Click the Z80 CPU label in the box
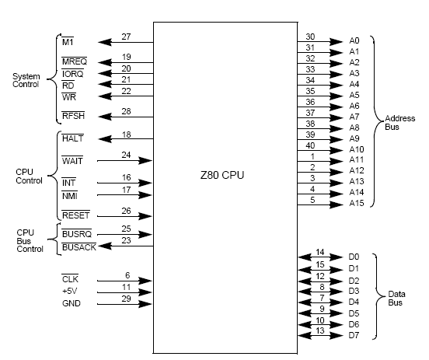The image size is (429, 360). (222, 175)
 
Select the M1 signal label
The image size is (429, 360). (68, 42)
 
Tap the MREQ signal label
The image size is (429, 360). (75, 61)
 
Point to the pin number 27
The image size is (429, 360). (126, 37)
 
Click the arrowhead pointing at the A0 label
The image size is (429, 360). (337, 42)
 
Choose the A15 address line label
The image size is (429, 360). (357, 203)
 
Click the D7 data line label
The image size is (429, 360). (354, 335)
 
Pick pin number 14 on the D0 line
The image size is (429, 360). (320, 252)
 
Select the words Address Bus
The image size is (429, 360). (399, 123)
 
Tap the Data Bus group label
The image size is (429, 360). (396, 298)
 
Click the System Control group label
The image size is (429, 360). (26, 80)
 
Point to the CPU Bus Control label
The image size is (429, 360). (30, 241)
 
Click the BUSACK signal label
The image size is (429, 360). (79, 247)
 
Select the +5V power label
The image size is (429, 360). (69, 291)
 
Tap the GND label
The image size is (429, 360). (71, 303)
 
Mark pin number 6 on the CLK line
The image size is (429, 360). (127, 275)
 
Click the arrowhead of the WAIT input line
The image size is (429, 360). (145, 160)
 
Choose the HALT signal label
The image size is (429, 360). (73, 138)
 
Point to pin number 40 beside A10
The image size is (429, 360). (310, 145)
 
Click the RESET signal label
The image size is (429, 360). (76, 215)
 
